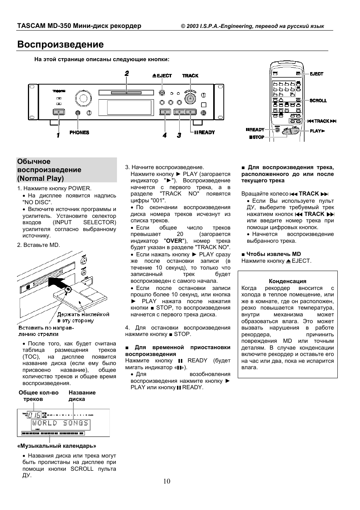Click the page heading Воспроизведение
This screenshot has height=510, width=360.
point(60,45)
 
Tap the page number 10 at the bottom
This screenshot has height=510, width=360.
point(167,481)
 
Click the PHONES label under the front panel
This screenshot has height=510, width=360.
point(79,133)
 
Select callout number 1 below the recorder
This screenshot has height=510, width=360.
point(58,135)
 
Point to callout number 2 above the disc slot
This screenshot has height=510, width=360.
point(127,73)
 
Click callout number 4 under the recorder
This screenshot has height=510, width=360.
point(165,135)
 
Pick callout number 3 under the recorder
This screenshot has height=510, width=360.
point(179,135)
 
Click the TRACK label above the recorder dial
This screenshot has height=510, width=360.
point(190,76)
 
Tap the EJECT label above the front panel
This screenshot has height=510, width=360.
point(162,76)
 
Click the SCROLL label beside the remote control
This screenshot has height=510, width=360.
point(318,101)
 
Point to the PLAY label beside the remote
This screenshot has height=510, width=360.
point(317,131)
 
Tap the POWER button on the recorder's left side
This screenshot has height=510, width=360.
point(59,112)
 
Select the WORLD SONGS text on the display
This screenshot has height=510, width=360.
point(60,423)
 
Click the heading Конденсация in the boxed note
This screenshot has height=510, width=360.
point(288,281)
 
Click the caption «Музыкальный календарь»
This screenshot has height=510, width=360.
point(57,446)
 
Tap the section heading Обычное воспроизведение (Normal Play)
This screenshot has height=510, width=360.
point(49,170)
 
